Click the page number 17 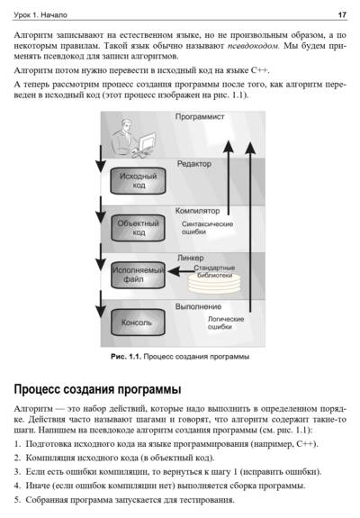342,15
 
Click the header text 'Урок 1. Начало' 40,15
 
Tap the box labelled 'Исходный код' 138,181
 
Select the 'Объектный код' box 138,228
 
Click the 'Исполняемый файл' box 138,275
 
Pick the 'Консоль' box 138,323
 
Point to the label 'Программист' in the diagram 200,116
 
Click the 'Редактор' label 194,164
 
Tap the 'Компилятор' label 197,211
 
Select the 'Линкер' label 191,258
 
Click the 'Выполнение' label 198,306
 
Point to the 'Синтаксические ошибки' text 207,228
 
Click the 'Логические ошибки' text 226,323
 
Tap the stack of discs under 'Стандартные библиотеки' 214,285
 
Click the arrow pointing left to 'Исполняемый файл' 181,271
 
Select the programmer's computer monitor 147,141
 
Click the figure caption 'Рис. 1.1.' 126,357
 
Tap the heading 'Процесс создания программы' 97,389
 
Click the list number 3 17,472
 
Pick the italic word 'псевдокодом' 254,46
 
